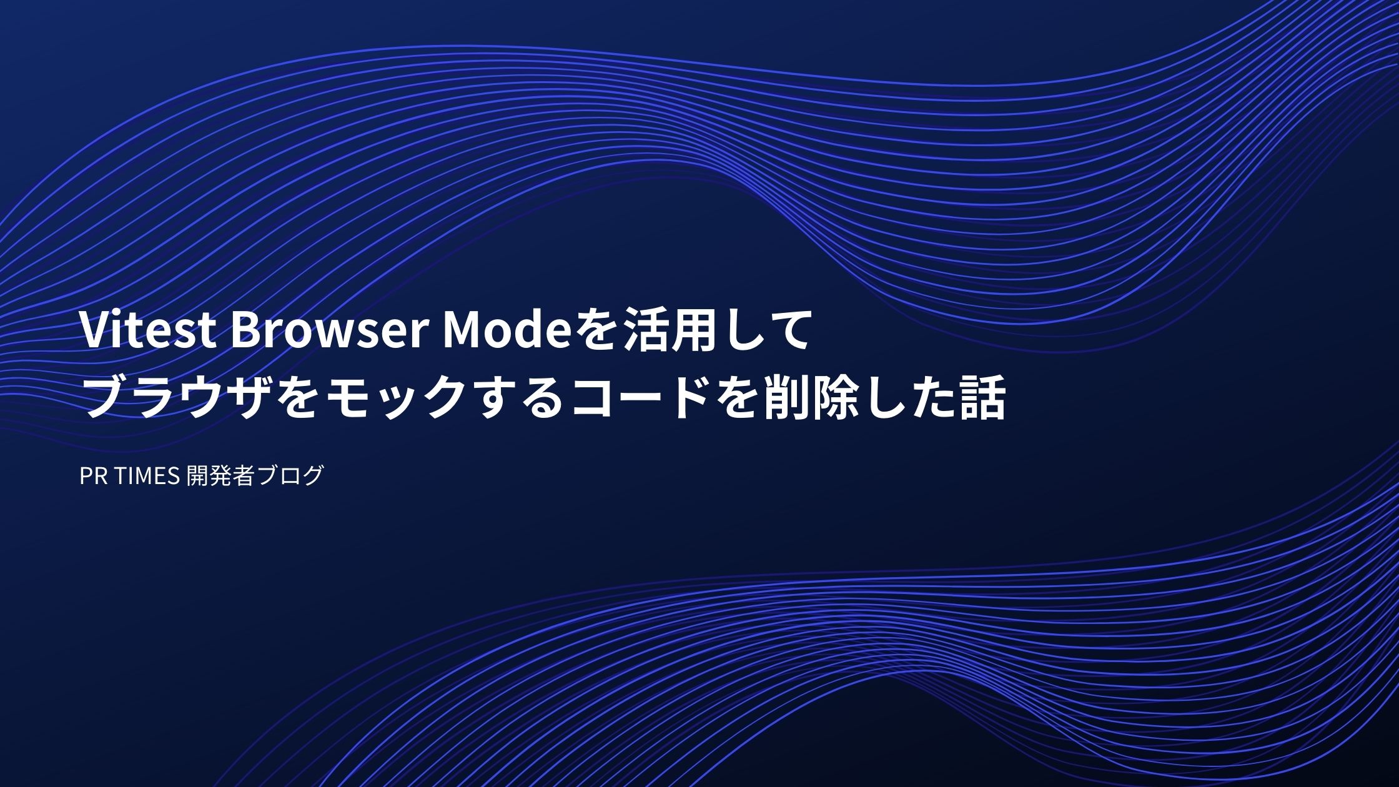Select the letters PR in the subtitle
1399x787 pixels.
(x=93, y=476)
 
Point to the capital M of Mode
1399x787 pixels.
(x=462, y=331)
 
